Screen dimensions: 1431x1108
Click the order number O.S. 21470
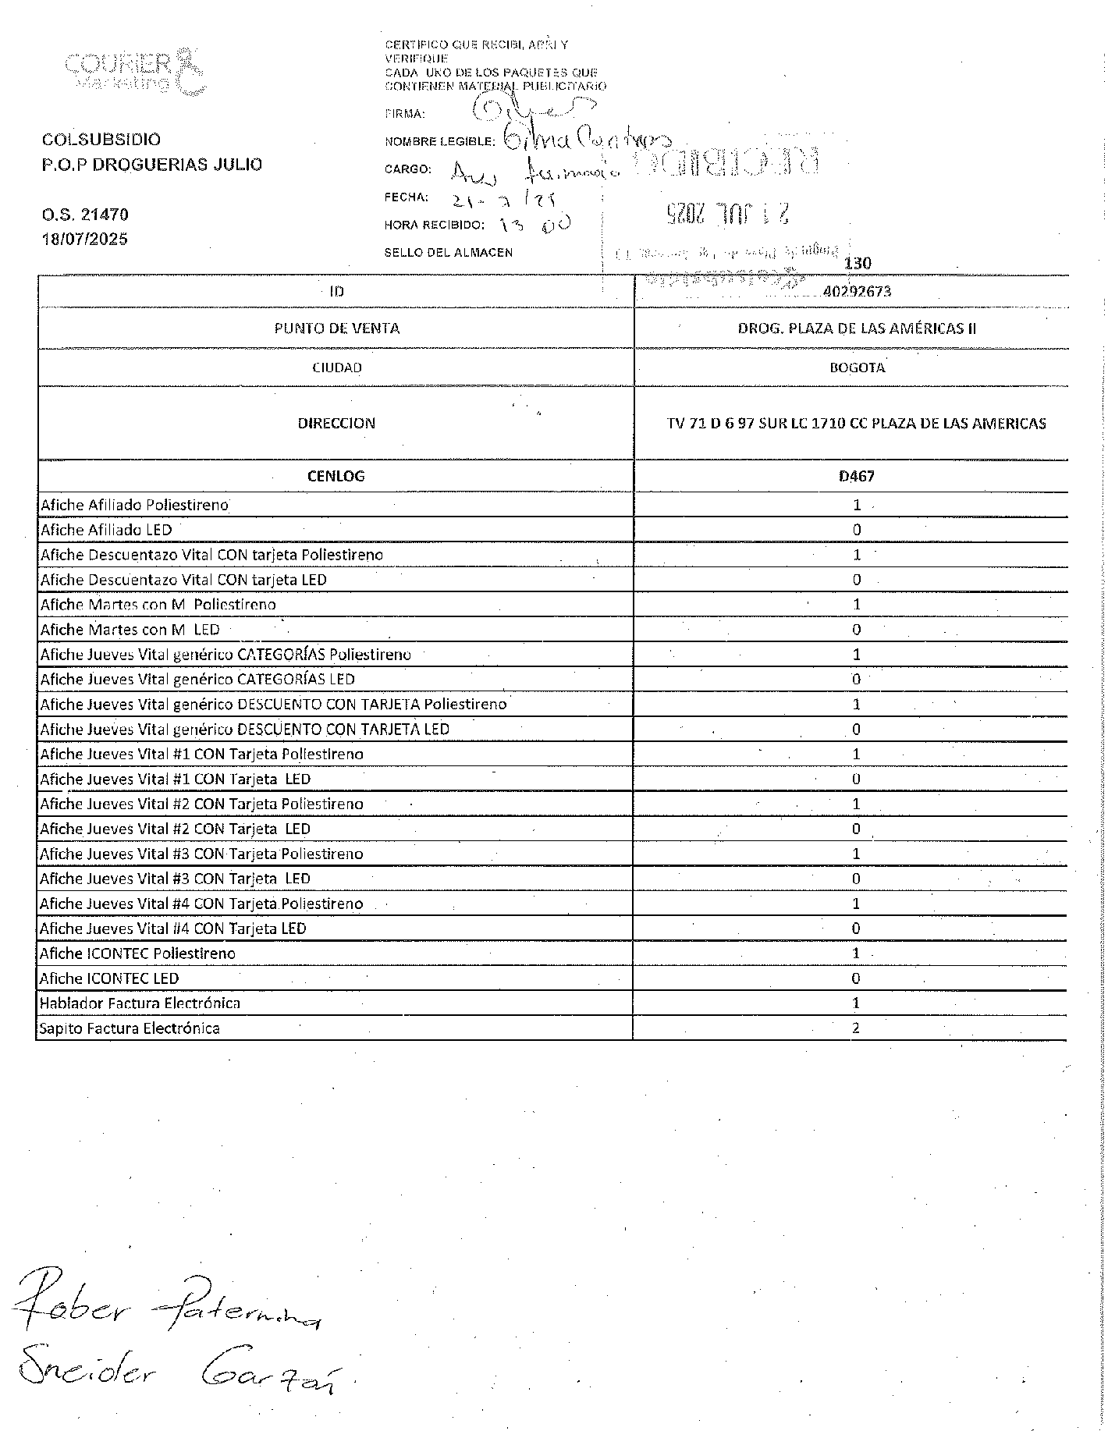click(85, 215)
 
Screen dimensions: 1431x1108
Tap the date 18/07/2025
click(85, 240)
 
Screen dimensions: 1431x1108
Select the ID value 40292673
click(857, 292)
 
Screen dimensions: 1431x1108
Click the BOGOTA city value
click(857, 368)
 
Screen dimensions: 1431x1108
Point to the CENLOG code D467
click(856, 476)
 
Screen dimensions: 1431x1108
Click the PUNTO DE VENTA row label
click(336, 328)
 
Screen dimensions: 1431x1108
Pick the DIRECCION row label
click(336, 423)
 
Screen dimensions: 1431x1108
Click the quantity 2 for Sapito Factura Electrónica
click(856, 1028)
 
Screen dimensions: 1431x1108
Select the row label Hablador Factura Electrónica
click(140, 1003)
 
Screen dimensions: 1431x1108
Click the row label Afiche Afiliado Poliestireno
click(134, 505)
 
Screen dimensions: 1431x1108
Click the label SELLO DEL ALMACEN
click(448, 253)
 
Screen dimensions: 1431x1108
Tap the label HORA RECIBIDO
click(434, 225)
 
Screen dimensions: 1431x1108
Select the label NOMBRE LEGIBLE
click(439, 142)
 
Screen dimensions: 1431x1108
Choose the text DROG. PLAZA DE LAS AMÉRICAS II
click(857, 328)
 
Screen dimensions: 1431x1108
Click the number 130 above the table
click(858, 264)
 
